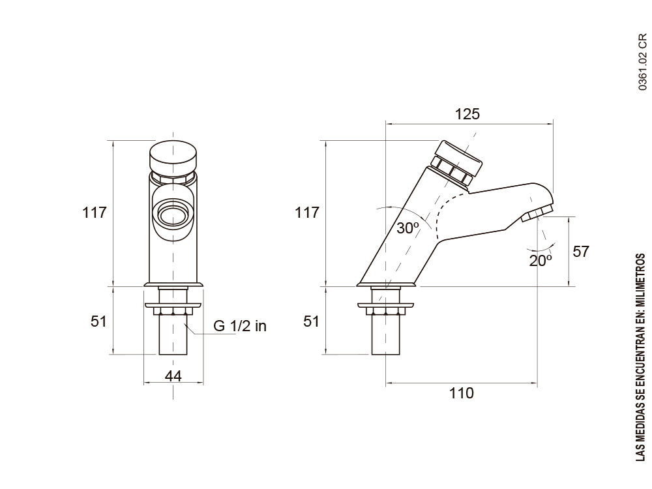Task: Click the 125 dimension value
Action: click(x=467, y=114)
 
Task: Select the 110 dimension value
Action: click(x=462, y=393)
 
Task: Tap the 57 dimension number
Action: click(x=580, y=252)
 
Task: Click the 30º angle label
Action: click(x=408, y=228)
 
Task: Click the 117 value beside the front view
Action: click(x=94, y=213)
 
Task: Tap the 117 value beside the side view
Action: click(x=306, y=213)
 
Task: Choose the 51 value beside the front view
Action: click(x=98, y=321)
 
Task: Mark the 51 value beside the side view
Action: click(x=311, y=321)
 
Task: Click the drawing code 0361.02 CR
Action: click(x=642, y=61)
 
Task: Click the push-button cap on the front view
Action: click(x=173, y=155)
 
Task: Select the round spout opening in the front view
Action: click(x=173, y=214)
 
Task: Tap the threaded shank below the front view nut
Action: click(x=173, y=336)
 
